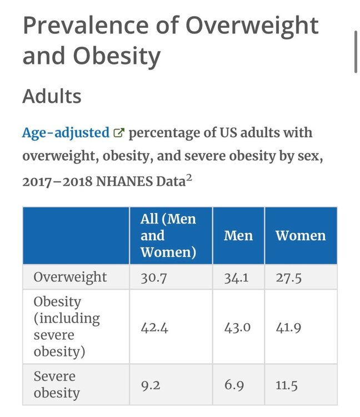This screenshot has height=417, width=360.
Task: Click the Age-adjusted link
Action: [66, 133]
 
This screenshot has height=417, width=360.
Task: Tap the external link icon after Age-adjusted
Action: [119, 133]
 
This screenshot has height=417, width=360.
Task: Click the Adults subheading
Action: [52, 96]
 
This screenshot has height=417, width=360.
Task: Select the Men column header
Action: [238, 236]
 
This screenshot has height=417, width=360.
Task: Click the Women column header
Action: [301, 236]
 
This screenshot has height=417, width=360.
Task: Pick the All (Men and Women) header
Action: [168, 236]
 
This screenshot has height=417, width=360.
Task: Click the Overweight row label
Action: [70, 277]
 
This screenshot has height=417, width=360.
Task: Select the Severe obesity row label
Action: [57, 385]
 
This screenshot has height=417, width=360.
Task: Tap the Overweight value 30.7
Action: [153, 278]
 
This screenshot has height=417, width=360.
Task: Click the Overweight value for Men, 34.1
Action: [236, 278]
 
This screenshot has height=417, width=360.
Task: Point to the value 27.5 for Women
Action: [288, 278]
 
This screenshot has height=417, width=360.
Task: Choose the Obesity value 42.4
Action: [154, 327]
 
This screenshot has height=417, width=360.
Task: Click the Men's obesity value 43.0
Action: [237, 327]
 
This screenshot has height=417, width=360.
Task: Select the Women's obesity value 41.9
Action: [288, 327]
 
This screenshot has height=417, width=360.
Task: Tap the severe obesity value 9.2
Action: [151, 386]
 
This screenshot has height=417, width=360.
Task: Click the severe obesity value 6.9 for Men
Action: [234, 386]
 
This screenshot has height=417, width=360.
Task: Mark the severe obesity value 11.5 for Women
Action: [287, 386]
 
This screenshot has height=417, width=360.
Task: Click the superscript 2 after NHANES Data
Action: [189, 178]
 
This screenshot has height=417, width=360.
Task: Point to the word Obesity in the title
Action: [117, 56]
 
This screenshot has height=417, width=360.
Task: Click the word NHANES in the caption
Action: [124, 182]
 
